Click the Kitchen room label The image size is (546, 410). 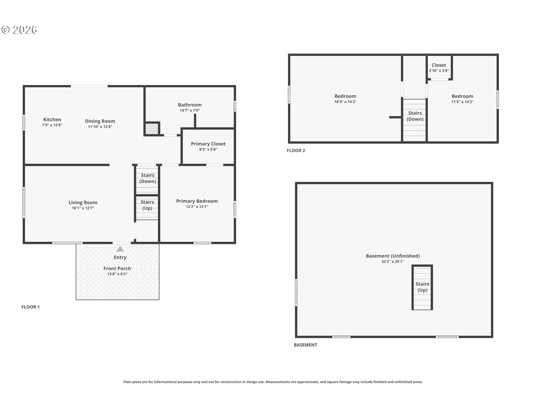click(x=52, y=120)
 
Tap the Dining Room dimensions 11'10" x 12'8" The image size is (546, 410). click(x=100, y=127)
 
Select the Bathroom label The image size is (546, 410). click(x=190, y=105)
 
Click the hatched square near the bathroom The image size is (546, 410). click(x=152, y=129)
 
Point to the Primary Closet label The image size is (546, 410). click(x=208, y=144)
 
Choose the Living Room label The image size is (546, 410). click(x=83, y=202)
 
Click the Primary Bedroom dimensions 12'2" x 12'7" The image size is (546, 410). click(x=197, y=207)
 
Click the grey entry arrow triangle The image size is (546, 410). click(x=120, y=249)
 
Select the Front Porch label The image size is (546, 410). click(x=117, y=268)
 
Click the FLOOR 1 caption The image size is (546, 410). click(x=30, y=307)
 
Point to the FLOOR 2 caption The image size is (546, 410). click(x=296, y=151)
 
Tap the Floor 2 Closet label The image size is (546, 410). click(x=439, y=65)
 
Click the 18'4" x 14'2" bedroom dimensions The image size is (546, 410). click(x=345, y=102)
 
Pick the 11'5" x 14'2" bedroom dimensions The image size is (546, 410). click(x=462, y=102)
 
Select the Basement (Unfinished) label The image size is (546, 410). click(x=393, y=256)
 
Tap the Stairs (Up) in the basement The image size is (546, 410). click(x=422, y=287)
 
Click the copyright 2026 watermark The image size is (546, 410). click(x=19, y=30)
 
